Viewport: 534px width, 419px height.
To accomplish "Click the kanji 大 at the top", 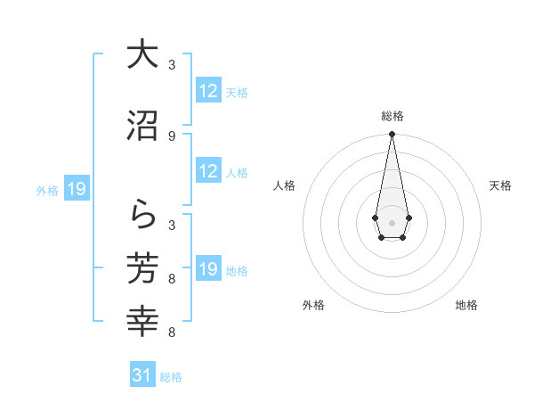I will (x=142, y=55).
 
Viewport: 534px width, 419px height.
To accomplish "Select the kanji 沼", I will (x=142, y=126).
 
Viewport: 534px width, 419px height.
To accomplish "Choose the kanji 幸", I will (x=142, y=321).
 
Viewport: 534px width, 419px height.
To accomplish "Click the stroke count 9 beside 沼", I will (x=172, y=136).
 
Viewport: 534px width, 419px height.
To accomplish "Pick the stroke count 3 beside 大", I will (x=172, y=65).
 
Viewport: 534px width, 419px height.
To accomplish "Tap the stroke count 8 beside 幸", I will (x=172, y=333).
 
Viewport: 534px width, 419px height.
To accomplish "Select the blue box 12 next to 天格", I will (x=208, y=91).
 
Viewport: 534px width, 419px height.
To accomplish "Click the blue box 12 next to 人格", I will (x=208, y=171).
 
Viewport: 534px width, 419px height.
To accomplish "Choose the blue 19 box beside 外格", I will (x=76, y=189).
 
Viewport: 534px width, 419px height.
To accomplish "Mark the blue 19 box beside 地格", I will (x=208, y=269).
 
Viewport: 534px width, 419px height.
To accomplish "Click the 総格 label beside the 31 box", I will (x=171, y=377).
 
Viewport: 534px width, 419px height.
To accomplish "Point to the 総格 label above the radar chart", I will (x=392, y=116).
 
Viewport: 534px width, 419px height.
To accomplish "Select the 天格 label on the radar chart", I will (x=501, y=185).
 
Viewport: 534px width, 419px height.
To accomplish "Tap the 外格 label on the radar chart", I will (x=313, y=306).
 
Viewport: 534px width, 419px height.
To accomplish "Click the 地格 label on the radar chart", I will (x=466, y=306).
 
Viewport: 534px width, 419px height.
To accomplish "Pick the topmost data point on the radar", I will (x=392, y=135).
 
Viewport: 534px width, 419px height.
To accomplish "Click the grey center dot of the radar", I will (x=392, y=221).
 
